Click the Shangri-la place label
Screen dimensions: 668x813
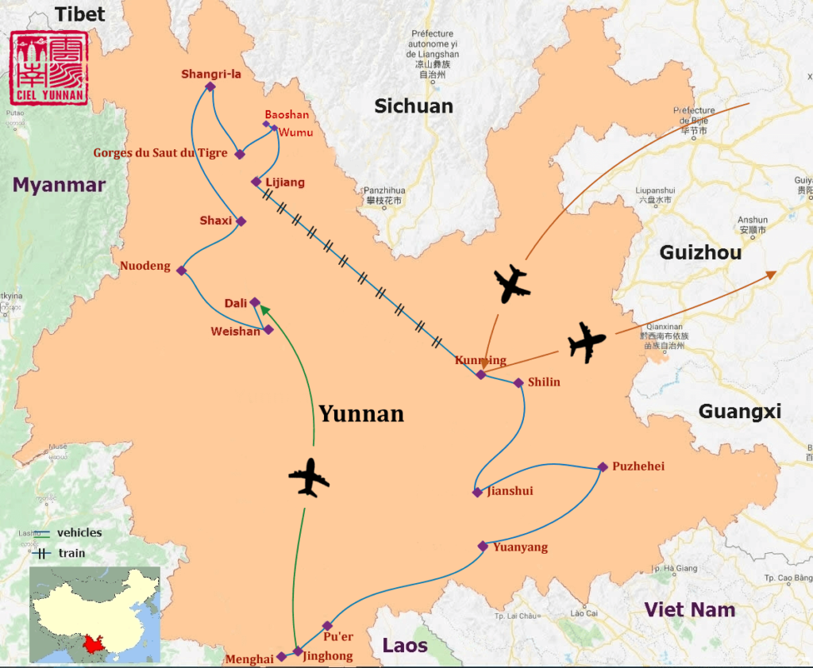tap(210, 75)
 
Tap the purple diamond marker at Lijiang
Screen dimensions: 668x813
tap(256, 182)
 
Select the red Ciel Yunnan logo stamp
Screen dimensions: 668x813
tap(49, 68)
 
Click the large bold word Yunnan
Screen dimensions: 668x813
tap(361, 413)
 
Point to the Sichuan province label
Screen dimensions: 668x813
tap(414, 106)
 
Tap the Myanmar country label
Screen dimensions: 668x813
tap(60, 185)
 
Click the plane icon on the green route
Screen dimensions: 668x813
tap(309, 478)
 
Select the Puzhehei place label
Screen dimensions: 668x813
tap(638, 466)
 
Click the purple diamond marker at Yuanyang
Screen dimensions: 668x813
tap(483, 546)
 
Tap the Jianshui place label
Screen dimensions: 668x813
tap(509, 491)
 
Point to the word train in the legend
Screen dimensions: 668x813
tap(71, 553)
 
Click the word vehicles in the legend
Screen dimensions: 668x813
tap(79, 532)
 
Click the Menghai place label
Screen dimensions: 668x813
tap(249, 658)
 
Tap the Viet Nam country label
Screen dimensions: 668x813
tap(689, 610)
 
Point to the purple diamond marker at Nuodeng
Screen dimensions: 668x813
tap(181, 271)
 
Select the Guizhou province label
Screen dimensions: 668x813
tap(700, 252)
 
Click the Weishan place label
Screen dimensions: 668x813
tap(235, 331)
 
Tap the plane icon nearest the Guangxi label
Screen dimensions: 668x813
tap(587, 343)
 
